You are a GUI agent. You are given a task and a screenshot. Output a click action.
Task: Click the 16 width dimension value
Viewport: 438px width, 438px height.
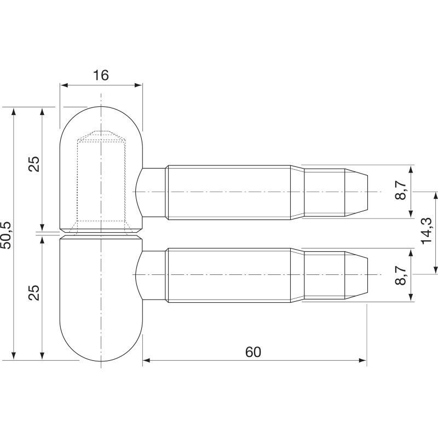(101, 76)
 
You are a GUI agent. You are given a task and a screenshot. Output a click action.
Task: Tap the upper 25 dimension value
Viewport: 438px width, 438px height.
(34, 165)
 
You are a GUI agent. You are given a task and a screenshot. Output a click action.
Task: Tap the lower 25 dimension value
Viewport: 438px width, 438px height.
(34, 293)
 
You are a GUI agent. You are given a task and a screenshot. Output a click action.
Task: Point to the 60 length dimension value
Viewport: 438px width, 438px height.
(253, 352)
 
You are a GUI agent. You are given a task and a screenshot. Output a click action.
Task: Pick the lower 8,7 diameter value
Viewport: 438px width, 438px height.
(401, 274)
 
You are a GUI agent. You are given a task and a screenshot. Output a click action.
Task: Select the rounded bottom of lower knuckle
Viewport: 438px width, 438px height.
(101, 350)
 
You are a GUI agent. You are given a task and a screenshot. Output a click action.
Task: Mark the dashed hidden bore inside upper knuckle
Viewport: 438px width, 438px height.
(101, 181)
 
